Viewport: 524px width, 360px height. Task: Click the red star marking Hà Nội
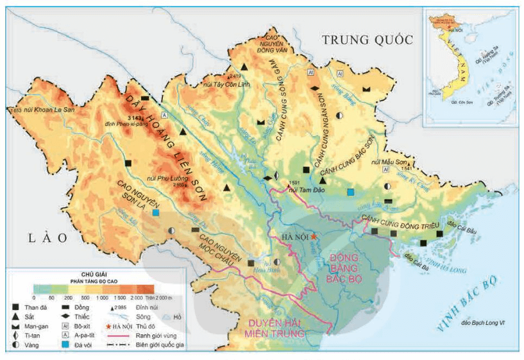click(x=314, y=237)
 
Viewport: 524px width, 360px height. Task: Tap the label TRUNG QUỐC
click(x=367, y=40)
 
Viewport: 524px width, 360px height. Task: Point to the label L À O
click(x=46, y=238)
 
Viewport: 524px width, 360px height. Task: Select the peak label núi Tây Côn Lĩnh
click(x=225, y=83)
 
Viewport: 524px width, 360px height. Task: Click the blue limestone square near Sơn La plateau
click(x=156, y=212)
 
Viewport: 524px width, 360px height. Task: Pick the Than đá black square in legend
click(x=14, y=307)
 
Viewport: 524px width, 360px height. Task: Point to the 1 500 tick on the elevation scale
click(x=119, y=298)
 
